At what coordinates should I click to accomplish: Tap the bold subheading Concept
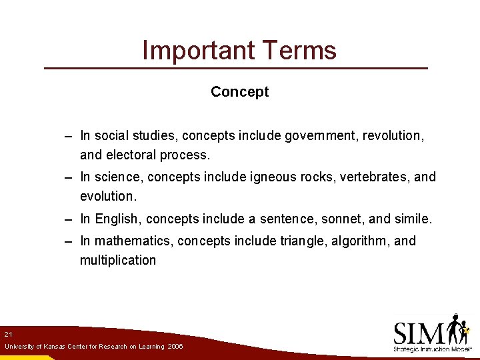(x=239, y=92)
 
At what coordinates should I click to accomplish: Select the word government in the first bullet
(x=321, y=136)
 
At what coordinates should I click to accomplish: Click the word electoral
(x=131, y=155)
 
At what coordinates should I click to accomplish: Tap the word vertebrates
(x=372, y=177)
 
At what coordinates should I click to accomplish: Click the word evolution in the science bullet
(x=107, y=197)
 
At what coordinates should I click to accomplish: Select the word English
(x=117, y=219)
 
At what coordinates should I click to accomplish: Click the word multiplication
(x=118, y=260)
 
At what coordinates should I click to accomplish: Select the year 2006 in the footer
(x=175, y=347)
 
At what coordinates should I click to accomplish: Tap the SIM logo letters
(x=419, y=333)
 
